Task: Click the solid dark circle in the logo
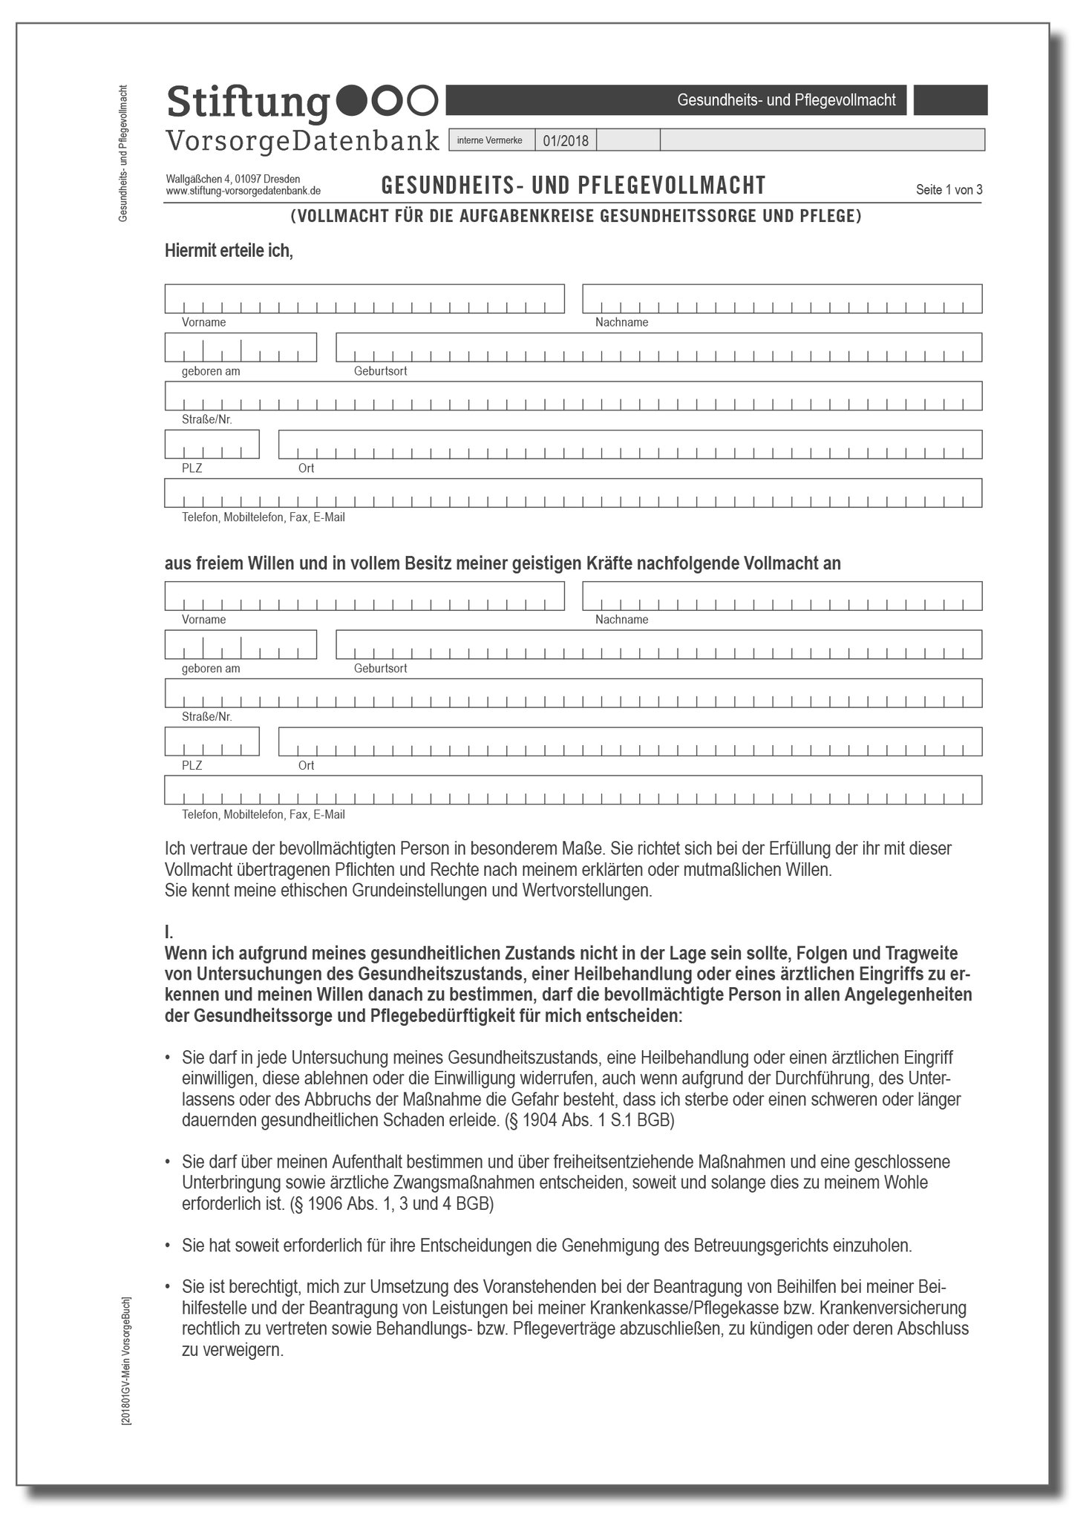point(353,101)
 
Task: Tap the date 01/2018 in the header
point(565,140)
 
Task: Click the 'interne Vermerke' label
point(489,140)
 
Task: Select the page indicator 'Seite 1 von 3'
point(949,189)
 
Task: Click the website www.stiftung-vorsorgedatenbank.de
point(243,191)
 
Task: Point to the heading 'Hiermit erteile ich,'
point(229,251)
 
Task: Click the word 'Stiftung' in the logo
point(247,102)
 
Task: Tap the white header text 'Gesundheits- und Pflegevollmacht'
point(786,100)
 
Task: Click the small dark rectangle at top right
point(949,100)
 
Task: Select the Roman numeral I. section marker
point(169,932)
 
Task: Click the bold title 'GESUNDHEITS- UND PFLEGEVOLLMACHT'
point(573,185)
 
